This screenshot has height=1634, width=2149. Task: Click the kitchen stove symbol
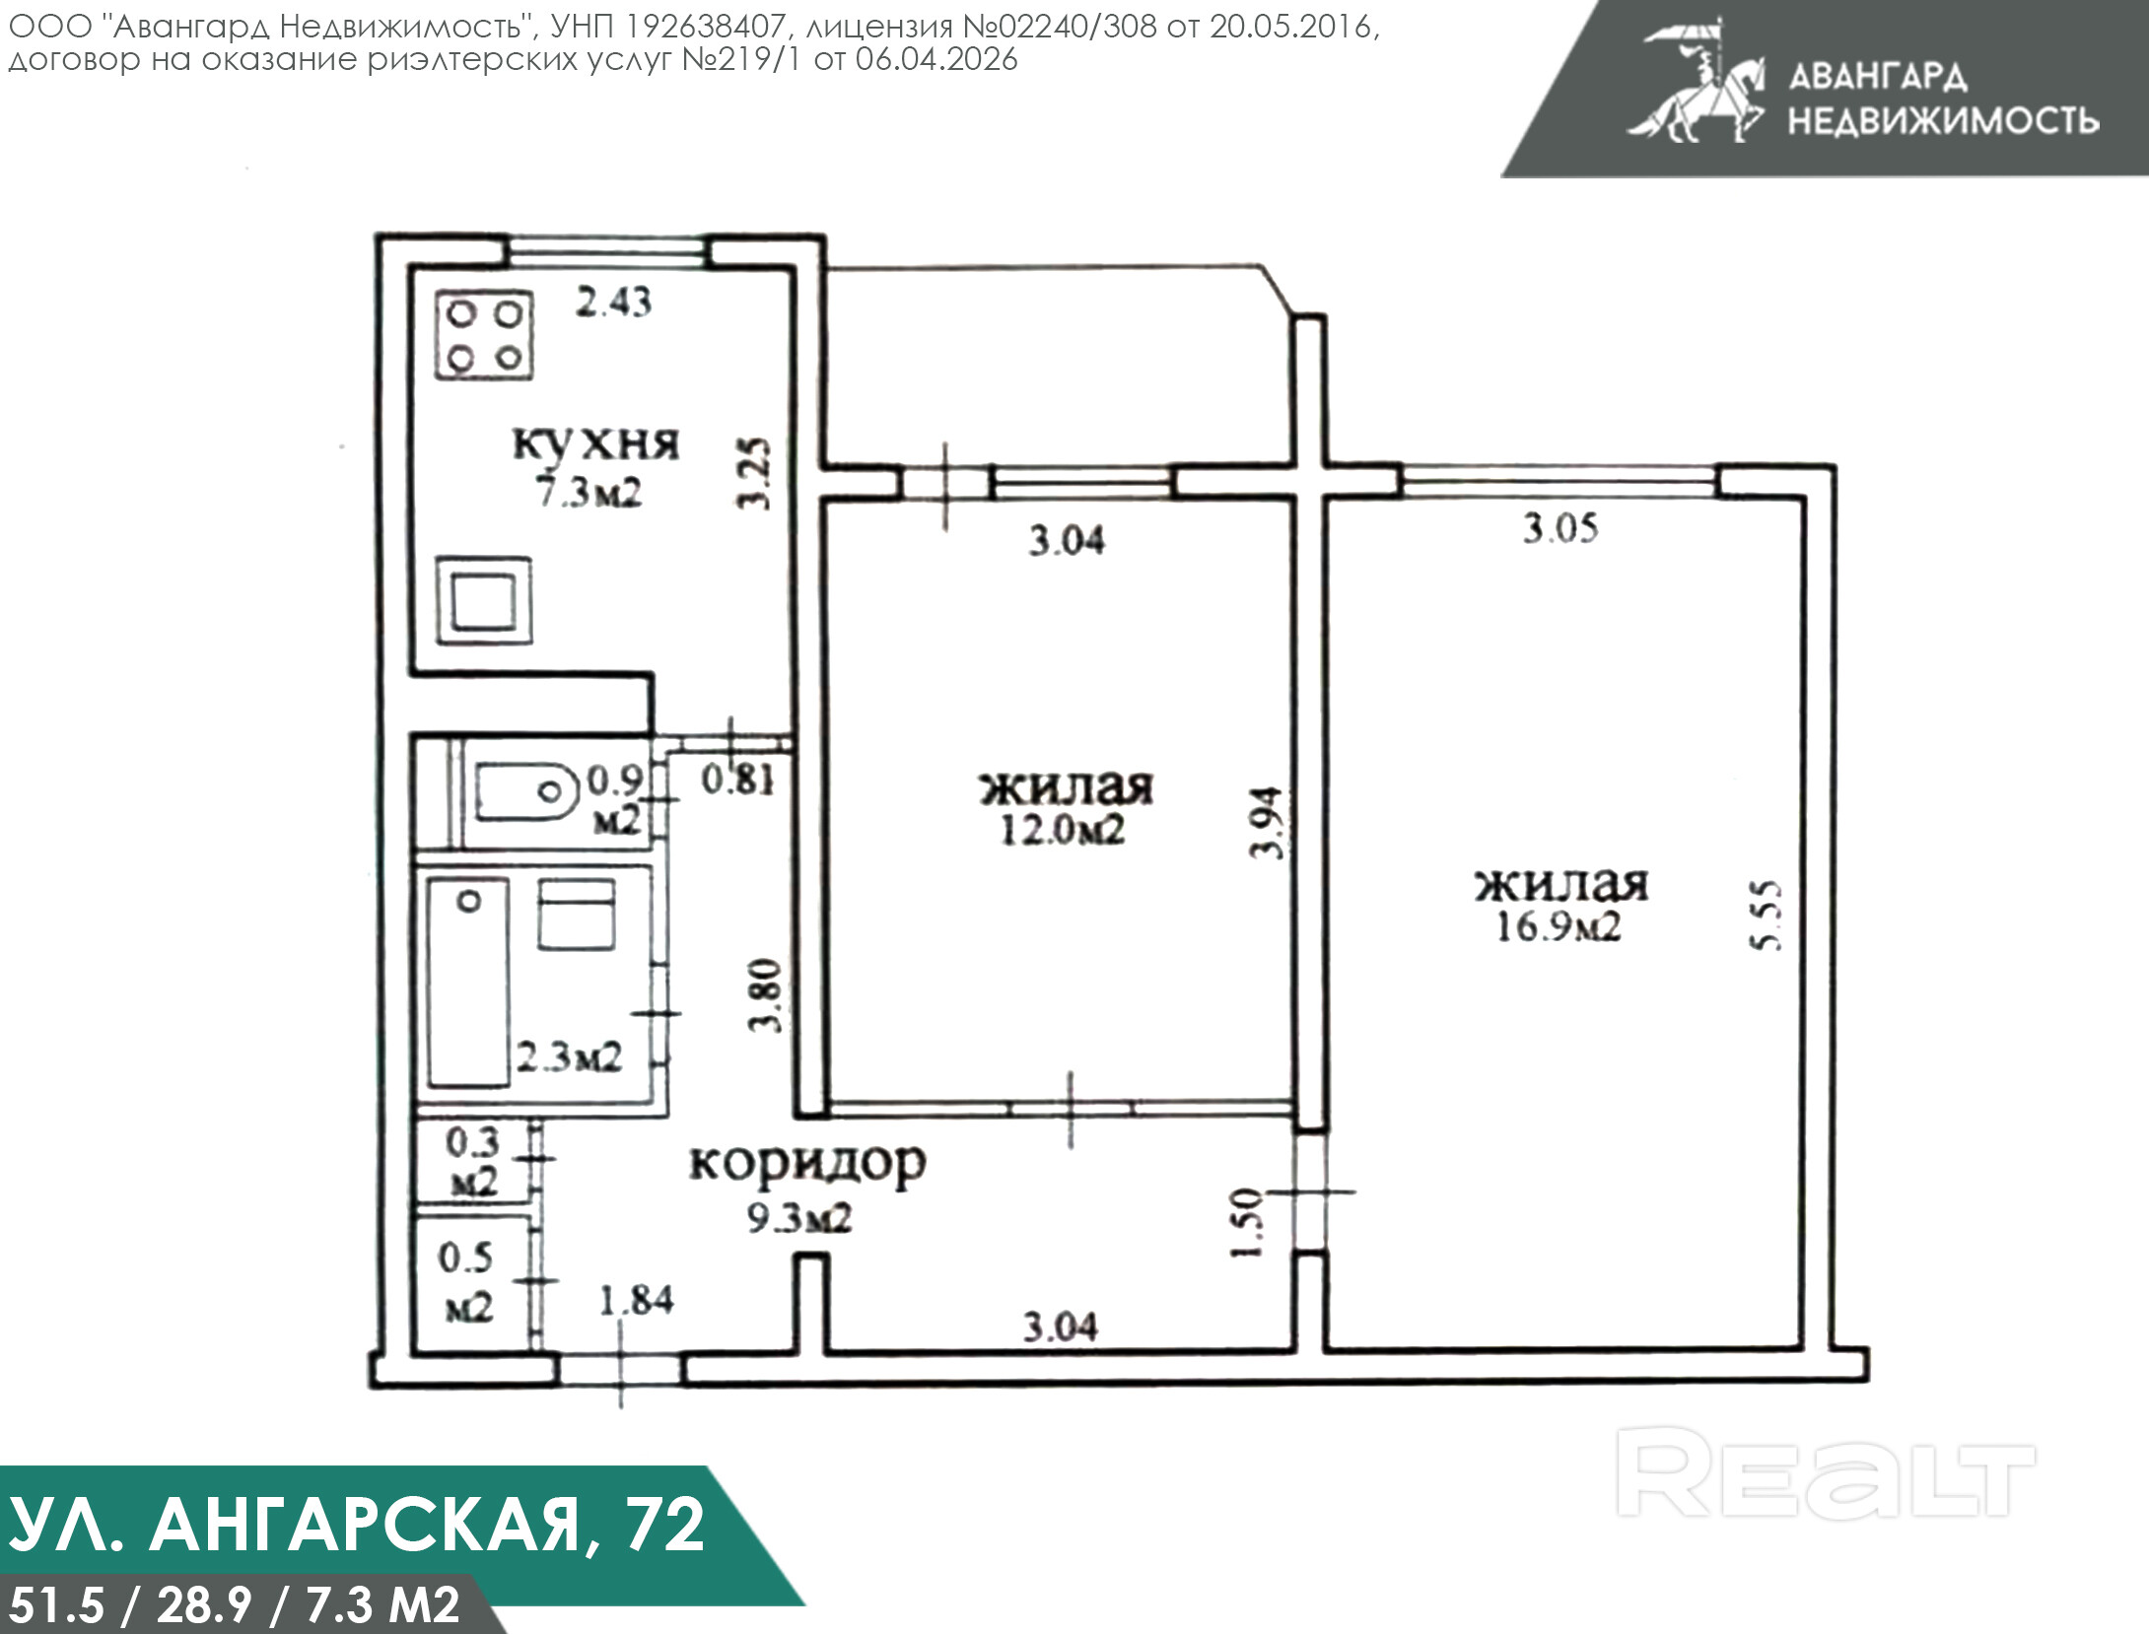pyautogui.click(x=484, y=335)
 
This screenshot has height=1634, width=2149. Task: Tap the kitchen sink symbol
pyautogui.click(x=484, y=600)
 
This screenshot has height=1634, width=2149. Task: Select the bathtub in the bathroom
pyautogui.click(x=468, y=984)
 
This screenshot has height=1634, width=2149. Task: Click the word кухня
pyautogui.click(x=596, y=443)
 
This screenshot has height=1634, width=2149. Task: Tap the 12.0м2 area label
pyautogui.click(x=1062, y=830)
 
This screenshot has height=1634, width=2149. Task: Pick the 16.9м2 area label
pyautogui.click(x=1559, y=926)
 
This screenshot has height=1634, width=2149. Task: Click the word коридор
pyautogui.click(x=807, y=1164)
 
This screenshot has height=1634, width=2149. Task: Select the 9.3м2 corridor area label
pyautogui.click(x=798, y=1218)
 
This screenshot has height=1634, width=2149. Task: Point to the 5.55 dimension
pyautogui.click(x=1766, y=915)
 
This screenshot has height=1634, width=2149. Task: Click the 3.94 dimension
pyautogui.click(x=1267, y=823)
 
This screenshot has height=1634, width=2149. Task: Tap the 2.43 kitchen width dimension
pyautogui.click(x=613, y=302)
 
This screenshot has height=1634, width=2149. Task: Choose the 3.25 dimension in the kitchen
pyautogui.click(x=754, y=473)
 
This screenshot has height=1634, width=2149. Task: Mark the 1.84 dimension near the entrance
pyautogui.click(x=637, y=1300)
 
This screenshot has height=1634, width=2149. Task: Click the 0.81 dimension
pyautogui.click(x=738, y=780)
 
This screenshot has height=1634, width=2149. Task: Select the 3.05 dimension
pyautogui.click(x=1560, y=528)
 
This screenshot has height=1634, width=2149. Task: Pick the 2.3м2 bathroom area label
pyautogui.click(x=570, y=1057)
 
